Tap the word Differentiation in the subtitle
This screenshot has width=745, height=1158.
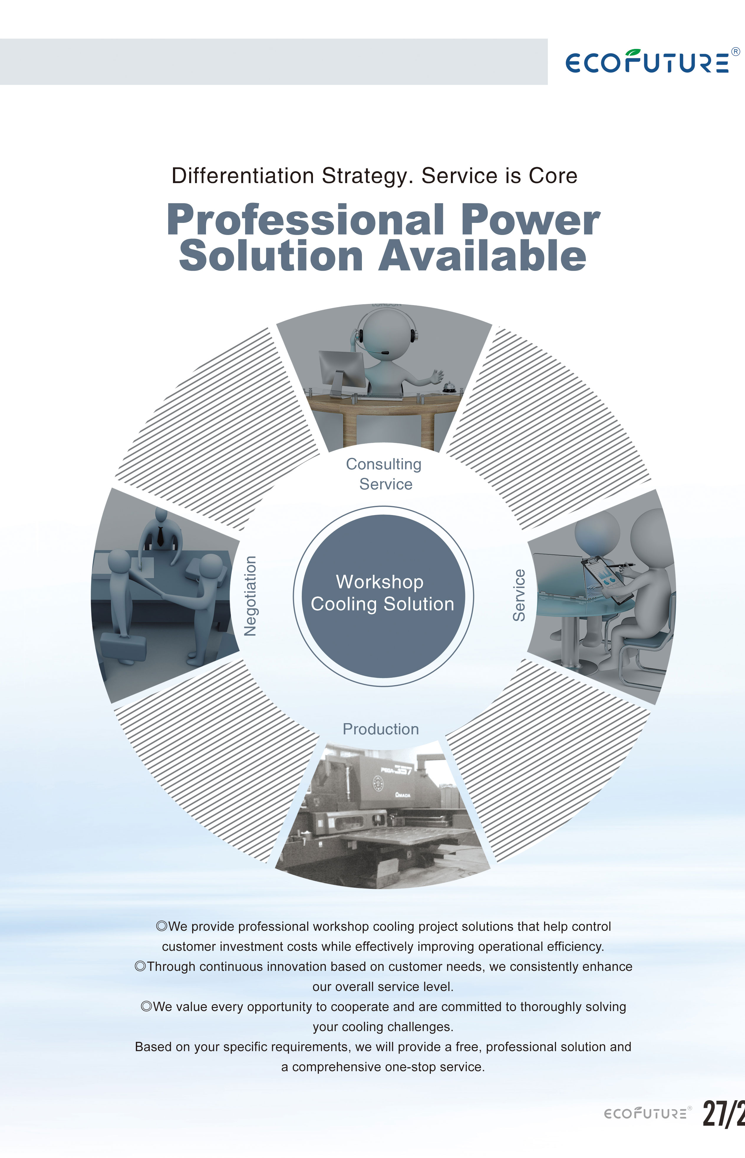tap(243, 176)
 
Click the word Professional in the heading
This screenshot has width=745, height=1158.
tap(306, 220)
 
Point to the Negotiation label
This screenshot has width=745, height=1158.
tap(250, 596)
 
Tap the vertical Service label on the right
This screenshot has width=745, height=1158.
tap(519, 595)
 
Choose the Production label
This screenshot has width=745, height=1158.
tap(381, 729)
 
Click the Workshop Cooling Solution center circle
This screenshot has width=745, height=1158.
tap(383, 596)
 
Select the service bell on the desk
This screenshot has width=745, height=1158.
tap(448, 387)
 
